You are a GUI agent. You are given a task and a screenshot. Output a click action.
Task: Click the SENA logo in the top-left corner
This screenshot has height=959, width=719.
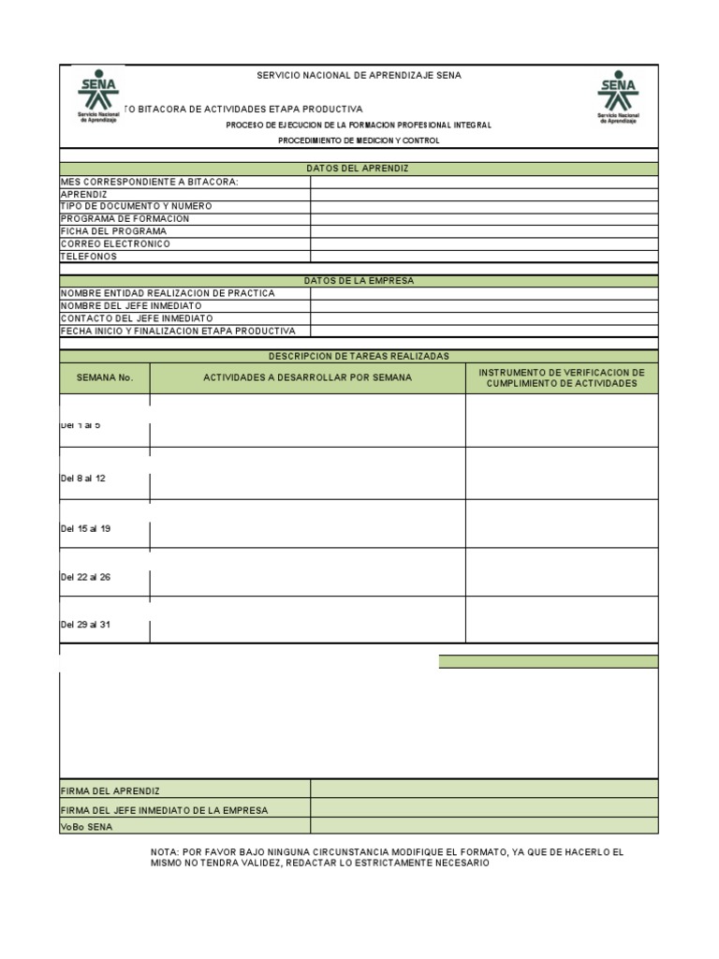pos(98,96)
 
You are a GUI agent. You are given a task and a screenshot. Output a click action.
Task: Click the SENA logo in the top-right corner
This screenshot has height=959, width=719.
pos(618,96)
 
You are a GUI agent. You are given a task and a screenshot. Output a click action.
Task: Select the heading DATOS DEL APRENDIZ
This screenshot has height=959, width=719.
pos(358,169)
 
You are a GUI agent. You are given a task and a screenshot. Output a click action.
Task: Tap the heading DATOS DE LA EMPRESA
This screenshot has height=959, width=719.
pos(358,281)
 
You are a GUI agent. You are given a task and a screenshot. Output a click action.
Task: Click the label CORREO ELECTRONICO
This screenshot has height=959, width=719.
pos(115,243)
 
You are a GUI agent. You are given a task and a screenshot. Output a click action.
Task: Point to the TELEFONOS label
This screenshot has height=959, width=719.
pos(89,257)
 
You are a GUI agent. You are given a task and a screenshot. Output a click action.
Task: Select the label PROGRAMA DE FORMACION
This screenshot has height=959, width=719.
pos(125,218)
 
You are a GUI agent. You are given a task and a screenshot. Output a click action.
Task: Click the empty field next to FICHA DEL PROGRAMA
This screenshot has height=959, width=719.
pos(484,231)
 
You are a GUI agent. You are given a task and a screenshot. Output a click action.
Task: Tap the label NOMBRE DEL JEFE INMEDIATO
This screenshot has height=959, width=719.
pos(131,306)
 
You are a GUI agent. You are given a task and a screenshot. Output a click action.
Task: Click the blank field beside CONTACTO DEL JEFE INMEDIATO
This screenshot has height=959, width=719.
pos(484,318)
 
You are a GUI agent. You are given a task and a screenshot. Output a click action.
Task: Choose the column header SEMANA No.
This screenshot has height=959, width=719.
pos(105,378)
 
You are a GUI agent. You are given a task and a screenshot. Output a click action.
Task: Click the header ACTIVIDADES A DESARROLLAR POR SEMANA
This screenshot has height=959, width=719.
pos(307,378)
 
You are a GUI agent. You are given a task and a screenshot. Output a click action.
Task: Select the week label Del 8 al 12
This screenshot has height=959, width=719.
pos(83,479)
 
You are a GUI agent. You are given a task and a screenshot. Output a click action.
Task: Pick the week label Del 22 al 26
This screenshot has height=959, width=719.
pos(85,578)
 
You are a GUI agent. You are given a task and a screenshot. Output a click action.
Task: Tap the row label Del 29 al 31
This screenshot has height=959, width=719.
pos(85,625)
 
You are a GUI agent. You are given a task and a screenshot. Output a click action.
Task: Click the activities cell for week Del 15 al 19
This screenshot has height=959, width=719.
pos(307,524)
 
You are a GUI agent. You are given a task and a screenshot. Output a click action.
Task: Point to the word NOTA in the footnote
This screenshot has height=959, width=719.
pos(165,852)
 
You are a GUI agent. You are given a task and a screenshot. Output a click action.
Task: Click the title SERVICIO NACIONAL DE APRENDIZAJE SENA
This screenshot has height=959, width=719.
pos(359,76)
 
